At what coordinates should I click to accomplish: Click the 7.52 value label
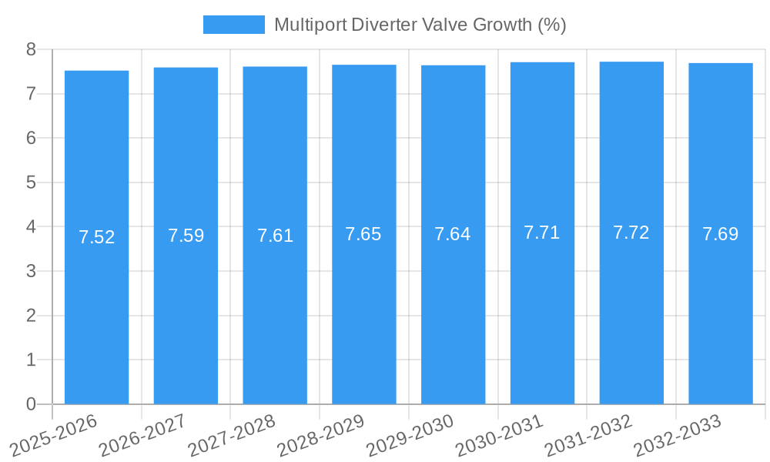[96, 237]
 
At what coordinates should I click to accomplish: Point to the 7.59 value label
[186, 236]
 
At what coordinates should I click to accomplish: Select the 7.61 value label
[275, 236]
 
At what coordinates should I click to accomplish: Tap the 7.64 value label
[453, 234]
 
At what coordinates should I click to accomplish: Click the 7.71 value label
[542, 233]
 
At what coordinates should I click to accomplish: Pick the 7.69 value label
[721, 234]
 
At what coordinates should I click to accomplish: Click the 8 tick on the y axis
[31, 50]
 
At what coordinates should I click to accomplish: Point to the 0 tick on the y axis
[31, 404]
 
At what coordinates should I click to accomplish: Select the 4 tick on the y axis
[31, 227]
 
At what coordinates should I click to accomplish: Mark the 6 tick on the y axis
[31, 139]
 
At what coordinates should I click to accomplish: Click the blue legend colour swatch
[233, 25]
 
